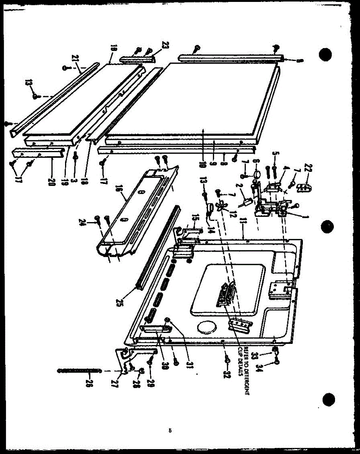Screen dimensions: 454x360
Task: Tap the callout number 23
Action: pos(164,45)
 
